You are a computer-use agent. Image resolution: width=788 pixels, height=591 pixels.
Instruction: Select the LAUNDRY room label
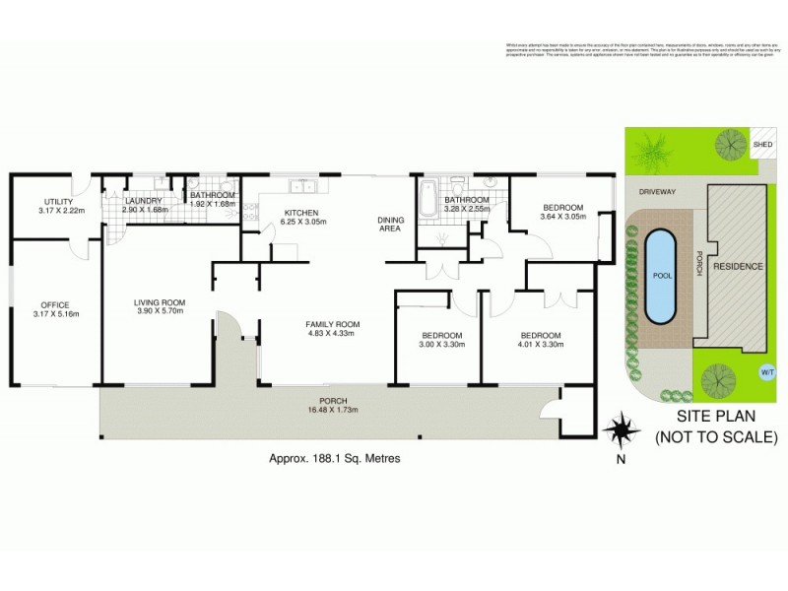(x=143, y=200)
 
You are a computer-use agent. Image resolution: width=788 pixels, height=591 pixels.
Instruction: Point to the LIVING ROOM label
(x=160, y=301)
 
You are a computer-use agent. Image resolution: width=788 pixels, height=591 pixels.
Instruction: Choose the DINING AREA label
(x=393, y=224)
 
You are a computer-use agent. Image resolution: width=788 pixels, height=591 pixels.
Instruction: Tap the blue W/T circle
(x=767, y=372)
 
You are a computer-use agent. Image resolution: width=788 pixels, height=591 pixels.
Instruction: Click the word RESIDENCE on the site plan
(x=738, y=267)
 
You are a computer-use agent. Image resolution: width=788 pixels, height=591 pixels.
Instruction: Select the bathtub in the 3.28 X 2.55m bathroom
(x=427, y=202)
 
